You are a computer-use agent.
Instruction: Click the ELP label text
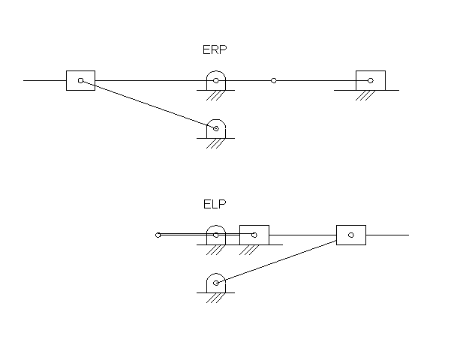click(215, 203)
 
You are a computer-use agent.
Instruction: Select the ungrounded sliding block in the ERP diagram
click(81, 80)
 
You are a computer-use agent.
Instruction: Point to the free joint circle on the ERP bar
click(273, 80)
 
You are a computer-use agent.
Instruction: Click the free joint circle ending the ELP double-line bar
click(158, 235)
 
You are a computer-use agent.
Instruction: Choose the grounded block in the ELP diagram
click(254, 235)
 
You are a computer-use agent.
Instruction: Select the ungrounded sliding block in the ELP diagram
click(350, 235)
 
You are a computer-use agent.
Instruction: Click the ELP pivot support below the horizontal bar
click(216, 283)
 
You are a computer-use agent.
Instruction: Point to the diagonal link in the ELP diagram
click(278, 261)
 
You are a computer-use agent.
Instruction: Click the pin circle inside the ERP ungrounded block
click(81, 80)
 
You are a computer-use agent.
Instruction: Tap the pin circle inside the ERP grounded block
click(370, 80)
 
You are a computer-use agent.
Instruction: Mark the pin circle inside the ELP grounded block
click(254, 235)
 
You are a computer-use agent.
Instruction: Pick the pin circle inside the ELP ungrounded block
click(350, 235)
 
